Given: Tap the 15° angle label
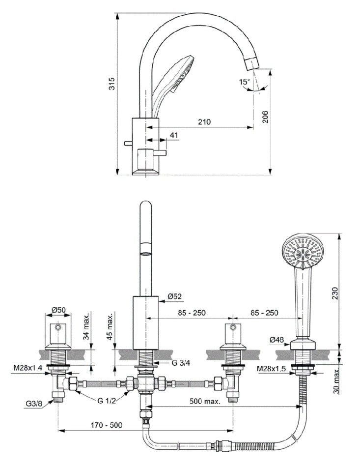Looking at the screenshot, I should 244,83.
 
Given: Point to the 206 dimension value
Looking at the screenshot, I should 265,117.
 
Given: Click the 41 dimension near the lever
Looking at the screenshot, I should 174,135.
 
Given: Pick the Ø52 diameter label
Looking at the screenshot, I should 175,296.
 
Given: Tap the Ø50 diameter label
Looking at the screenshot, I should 59,310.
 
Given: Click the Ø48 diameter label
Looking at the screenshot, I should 277,339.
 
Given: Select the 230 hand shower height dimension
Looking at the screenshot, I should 334,293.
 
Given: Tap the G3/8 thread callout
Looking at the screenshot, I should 33,405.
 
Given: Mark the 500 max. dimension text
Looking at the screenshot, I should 205,401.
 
